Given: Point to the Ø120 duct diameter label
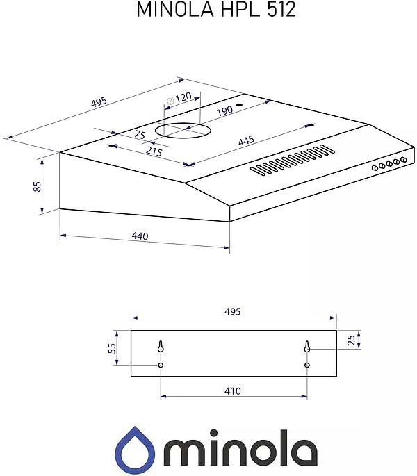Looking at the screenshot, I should tap(179, 98).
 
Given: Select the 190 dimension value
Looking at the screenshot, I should tap(224, 111).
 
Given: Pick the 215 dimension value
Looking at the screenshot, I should tap(154, 150).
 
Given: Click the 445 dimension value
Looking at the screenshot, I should tap(246, 140).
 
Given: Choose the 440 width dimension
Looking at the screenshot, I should tap(140, 236).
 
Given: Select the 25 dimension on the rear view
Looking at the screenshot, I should tap(351, 340).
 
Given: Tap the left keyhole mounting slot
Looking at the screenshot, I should tap(161, 347).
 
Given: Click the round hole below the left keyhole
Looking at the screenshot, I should tap(161, 366).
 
